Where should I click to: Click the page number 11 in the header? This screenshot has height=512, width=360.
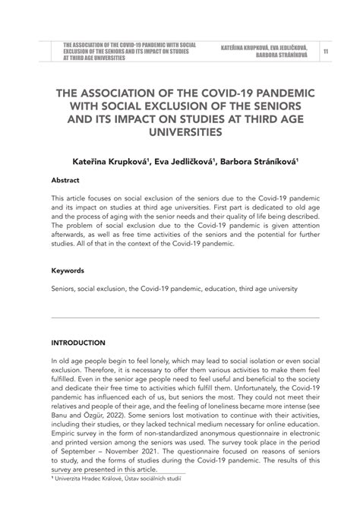coord(326,51)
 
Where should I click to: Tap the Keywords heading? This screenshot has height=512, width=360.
coord(68,270)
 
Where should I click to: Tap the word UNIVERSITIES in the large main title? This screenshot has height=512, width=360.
coord(179,132)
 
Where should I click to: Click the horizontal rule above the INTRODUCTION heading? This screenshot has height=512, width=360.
coord(179,318)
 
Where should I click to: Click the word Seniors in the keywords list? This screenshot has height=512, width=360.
coord(64,289)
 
